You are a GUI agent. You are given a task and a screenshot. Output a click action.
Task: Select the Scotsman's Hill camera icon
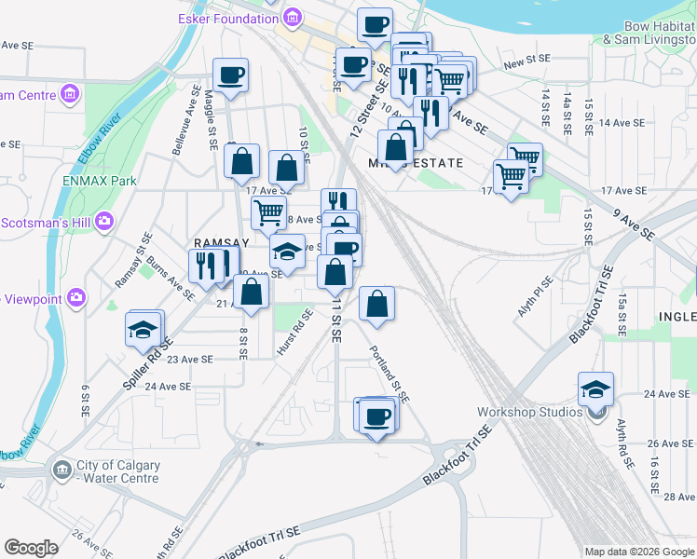pos(103,222)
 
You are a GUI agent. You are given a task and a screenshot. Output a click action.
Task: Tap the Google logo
pos(31,548)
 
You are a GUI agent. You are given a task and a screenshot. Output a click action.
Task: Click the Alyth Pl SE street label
pos(536,294)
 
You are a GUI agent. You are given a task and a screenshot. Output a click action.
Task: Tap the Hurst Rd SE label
pos(302,334)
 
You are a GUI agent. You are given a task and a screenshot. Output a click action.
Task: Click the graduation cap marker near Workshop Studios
pos(596,390)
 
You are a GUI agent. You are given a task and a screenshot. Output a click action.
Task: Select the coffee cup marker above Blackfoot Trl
pos(377,416)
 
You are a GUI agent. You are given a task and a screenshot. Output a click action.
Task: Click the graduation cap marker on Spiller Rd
pos(143,331)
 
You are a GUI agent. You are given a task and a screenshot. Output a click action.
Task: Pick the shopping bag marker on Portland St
pos(376,304)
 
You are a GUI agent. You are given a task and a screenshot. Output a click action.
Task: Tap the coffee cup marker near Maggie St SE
pos(230,75)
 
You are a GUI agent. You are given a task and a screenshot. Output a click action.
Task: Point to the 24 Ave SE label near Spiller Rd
pos(168,386)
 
